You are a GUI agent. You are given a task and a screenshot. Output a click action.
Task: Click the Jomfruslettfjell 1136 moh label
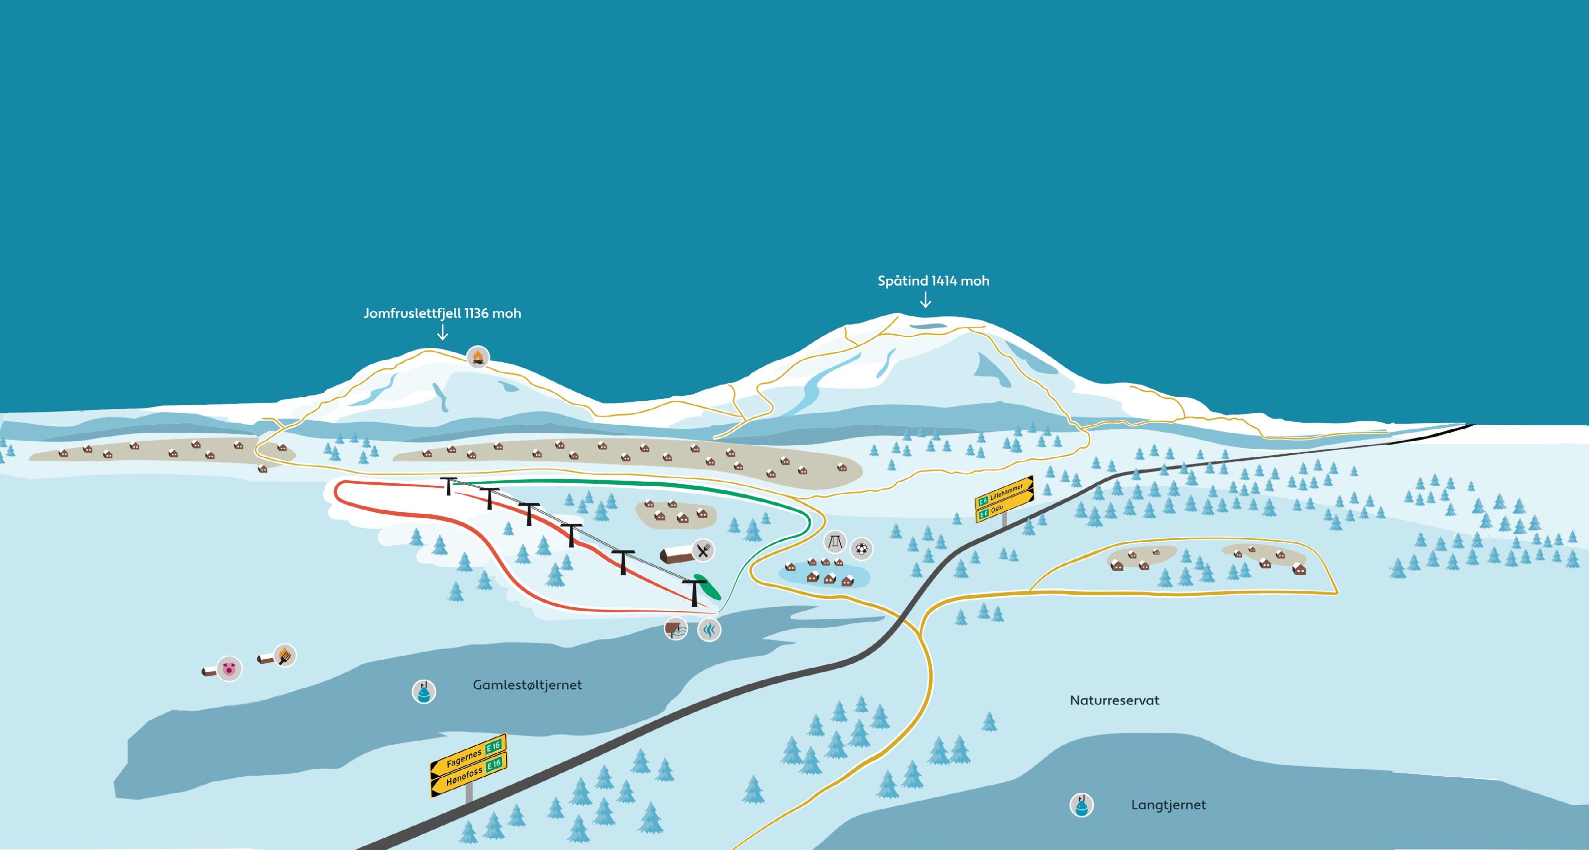point(442,313)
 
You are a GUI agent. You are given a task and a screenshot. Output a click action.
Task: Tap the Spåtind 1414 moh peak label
point(933,281)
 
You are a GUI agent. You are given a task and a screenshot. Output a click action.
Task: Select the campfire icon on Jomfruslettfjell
point(477,357)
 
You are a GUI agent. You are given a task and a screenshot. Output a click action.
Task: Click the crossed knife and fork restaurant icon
point(702,549)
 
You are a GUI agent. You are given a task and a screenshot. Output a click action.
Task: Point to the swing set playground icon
point(835,542)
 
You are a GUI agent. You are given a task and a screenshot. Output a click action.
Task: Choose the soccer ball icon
point(862,548)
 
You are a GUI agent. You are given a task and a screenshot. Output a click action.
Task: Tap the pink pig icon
point(229,668)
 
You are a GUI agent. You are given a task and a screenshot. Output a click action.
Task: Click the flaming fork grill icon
point(284,655)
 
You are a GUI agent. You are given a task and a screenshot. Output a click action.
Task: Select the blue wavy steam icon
point(710,630)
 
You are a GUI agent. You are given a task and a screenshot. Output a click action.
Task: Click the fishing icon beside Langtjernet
point(1081,805)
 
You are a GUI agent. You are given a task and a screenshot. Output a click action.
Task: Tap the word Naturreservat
point(1114,700)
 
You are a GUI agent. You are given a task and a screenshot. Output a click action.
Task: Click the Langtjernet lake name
point(1168,805)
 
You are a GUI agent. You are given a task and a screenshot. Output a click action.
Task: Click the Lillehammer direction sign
point(1004,492)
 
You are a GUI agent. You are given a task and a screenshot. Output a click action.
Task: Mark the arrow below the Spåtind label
point(925,300)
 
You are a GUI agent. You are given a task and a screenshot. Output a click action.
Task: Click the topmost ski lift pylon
point(448,485)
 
